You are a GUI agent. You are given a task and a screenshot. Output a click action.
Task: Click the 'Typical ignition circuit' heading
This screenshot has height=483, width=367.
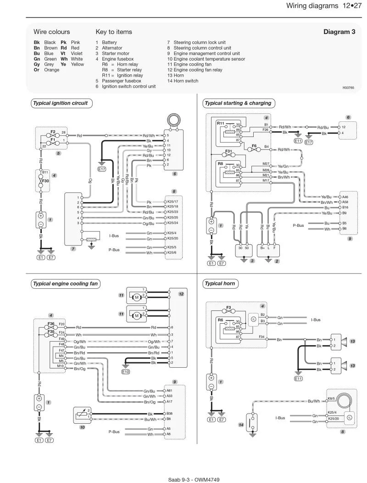[61, 103]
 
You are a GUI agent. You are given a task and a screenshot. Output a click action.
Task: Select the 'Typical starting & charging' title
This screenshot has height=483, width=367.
[238, 103]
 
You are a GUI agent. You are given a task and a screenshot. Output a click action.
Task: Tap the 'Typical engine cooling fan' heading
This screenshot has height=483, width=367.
[65, 284]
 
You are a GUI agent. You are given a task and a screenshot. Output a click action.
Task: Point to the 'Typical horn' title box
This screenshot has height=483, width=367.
[220, 284]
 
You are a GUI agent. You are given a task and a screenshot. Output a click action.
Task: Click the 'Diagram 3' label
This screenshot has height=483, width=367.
[339, 32]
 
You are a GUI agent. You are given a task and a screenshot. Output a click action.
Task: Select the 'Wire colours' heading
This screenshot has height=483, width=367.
[52, 32]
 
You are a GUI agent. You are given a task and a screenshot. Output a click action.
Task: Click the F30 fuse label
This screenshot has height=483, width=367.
[45, 181]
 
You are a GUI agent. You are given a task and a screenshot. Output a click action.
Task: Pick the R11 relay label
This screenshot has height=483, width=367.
[221, 123]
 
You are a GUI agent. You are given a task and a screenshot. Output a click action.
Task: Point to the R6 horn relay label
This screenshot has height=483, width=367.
[221, 320]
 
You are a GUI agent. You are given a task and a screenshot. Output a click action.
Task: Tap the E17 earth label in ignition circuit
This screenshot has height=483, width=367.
[101, 169]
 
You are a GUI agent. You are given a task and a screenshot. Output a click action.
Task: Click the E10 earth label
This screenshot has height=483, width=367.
[126, 372]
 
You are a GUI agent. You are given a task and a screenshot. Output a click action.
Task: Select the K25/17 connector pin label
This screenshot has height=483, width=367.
[173, 202]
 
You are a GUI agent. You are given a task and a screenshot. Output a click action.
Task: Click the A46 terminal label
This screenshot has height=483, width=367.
[345, 197]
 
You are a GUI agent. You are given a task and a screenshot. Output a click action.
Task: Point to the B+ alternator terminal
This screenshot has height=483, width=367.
[262, 247]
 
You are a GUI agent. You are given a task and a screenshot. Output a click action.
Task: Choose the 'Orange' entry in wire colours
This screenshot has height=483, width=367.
[52, 70]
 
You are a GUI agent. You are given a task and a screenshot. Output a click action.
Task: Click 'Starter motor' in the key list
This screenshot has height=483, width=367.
[116, 53]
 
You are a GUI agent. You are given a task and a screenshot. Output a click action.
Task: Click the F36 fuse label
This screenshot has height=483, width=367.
[51, 324]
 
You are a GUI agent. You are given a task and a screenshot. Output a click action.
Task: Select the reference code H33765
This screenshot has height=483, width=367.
[348, 88]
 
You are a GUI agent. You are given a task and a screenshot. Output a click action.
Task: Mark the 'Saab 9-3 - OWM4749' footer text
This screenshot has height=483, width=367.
[194, 480]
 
